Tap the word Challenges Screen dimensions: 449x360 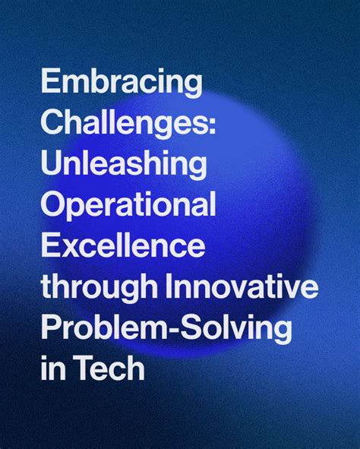click(125, 125)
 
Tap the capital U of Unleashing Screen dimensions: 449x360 click(50, 166)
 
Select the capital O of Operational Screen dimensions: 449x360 click(52, 207)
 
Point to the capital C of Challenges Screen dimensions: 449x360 click(52, 125)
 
